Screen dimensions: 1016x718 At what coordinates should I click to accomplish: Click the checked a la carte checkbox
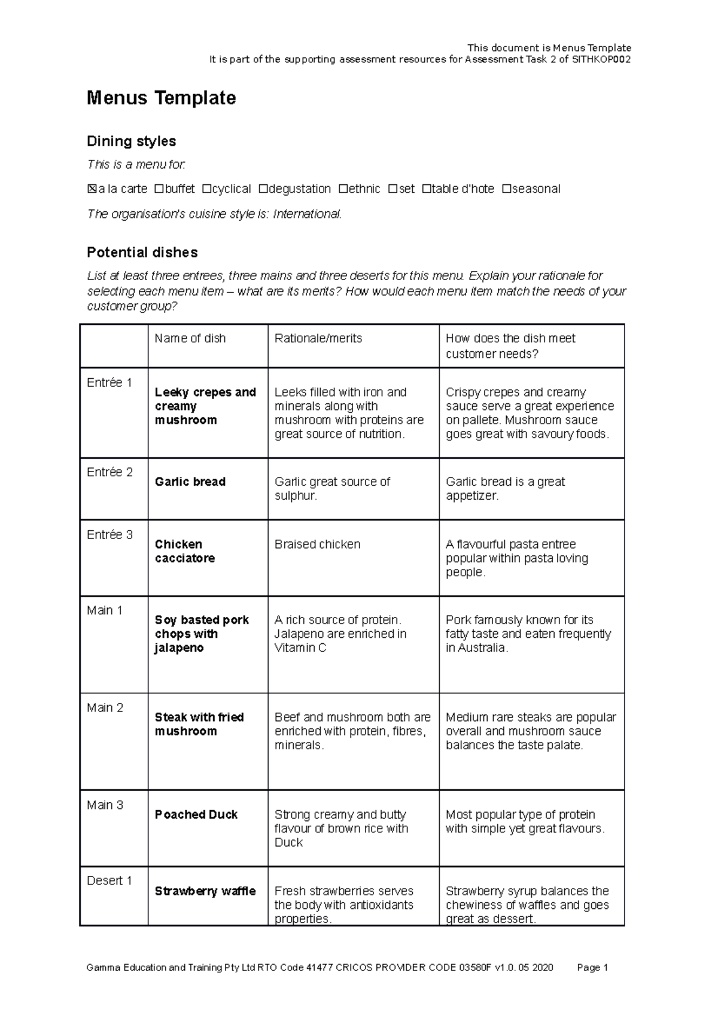pyautogui.click(x=92, y=189)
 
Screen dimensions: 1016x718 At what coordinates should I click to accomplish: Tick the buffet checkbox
pyautogui.click(x=159, y=189)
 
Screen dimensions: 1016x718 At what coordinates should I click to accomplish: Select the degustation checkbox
pyautogui.click(x=263, y=189)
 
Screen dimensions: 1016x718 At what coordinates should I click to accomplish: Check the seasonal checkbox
pyautogui.click(x=506, y=189)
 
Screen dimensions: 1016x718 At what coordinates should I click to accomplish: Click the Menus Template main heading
pyautogui.click(x=161, y=98)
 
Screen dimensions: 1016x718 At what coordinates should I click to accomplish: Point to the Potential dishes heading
pyautogui.click(x=142, y=253)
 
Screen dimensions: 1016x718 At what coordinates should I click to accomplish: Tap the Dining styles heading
pyautogui.click(x=131, y=141)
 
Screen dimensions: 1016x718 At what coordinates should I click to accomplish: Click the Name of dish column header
pyautogui.click(x=190, y=339)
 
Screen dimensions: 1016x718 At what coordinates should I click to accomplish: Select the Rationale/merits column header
pyautogui.click(x=318, y=339)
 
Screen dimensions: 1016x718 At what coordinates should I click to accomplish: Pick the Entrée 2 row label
pyautogui.click(x=109, y=472)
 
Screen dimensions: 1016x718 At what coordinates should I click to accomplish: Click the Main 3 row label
pyautogui.click(x=105, y=805)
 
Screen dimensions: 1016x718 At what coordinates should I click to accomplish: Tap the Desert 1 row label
pyautogui.click(x=109, y=881)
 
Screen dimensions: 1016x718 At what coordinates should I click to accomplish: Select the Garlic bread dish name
pyautogui.click(x=190, y=482)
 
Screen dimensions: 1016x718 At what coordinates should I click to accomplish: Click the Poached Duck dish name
pyautogui.click(x=196, y=814)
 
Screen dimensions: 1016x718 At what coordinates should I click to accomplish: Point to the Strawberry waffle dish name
pyautogui.click(x=205, y=891)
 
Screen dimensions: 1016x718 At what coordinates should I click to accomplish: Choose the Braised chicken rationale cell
pyautogui.click(x=317, y=544)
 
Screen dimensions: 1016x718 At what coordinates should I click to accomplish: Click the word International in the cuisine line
pyautogui.click(x=307, y=214)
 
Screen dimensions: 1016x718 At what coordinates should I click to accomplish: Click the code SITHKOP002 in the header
pyautogui.click(x=601, y=59)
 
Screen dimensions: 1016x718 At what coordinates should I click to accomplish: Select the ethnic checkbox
pyautogui.click(x=343, y=189)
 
